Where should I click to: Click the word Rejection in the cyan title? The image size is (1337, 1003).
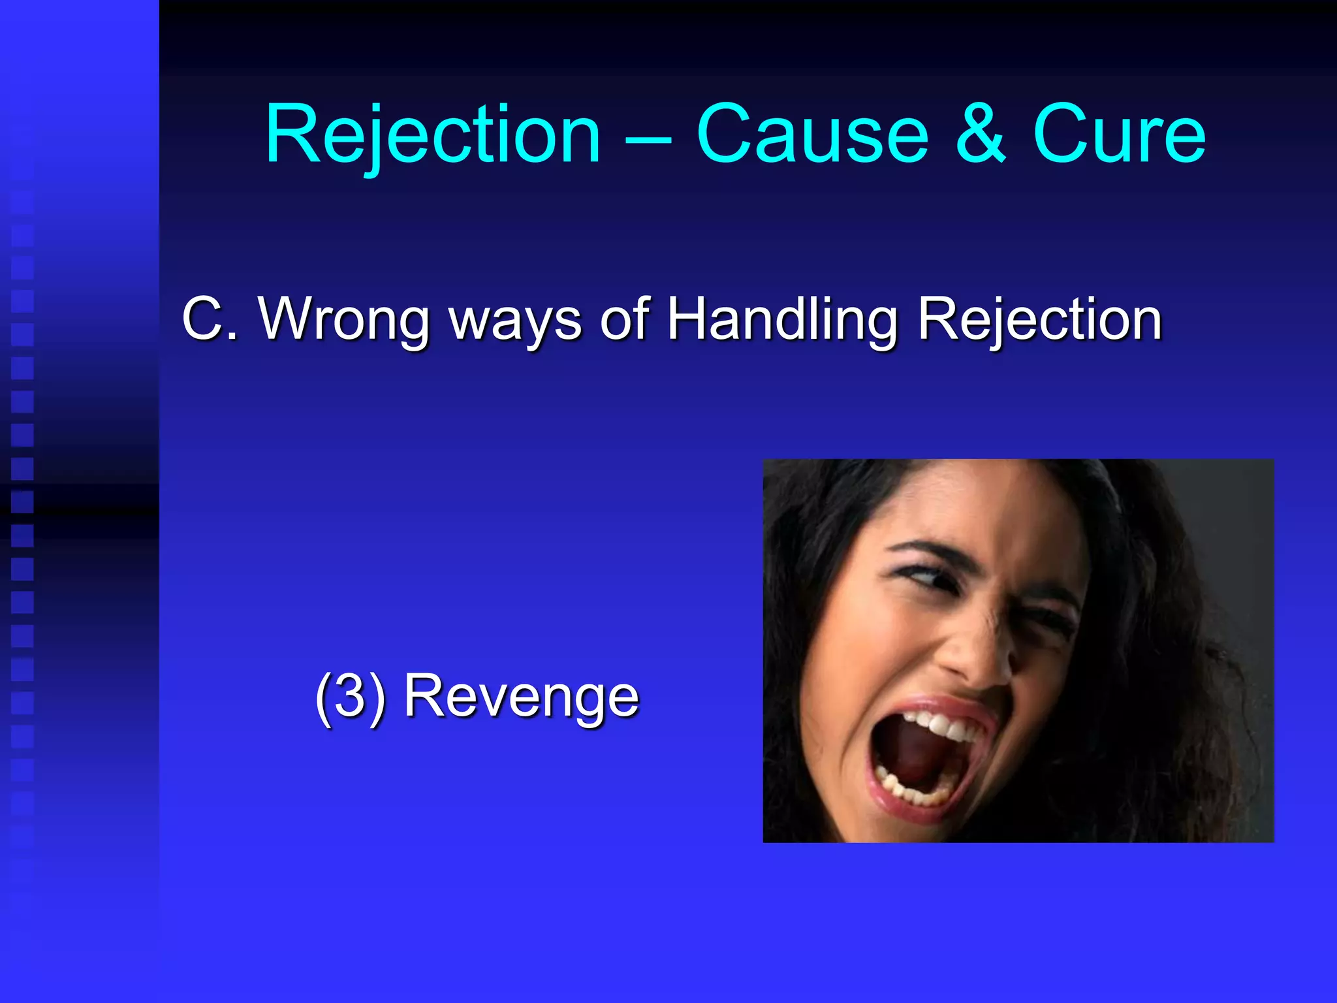[432, 135]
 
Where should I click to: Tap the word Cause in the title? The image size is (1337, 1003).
[812, 135]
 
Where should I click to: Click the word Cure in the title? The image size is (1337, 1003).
[1119, 135]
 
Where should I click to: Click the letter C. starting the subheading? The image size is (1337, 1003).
[209, 319]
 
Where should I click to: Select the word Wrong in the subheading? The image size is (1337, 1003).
[345, 319]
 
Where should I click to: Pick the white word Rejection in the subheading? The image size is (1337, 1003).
[1039, 319]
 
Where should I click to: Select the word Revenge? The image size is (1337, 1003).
[521, 697]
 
